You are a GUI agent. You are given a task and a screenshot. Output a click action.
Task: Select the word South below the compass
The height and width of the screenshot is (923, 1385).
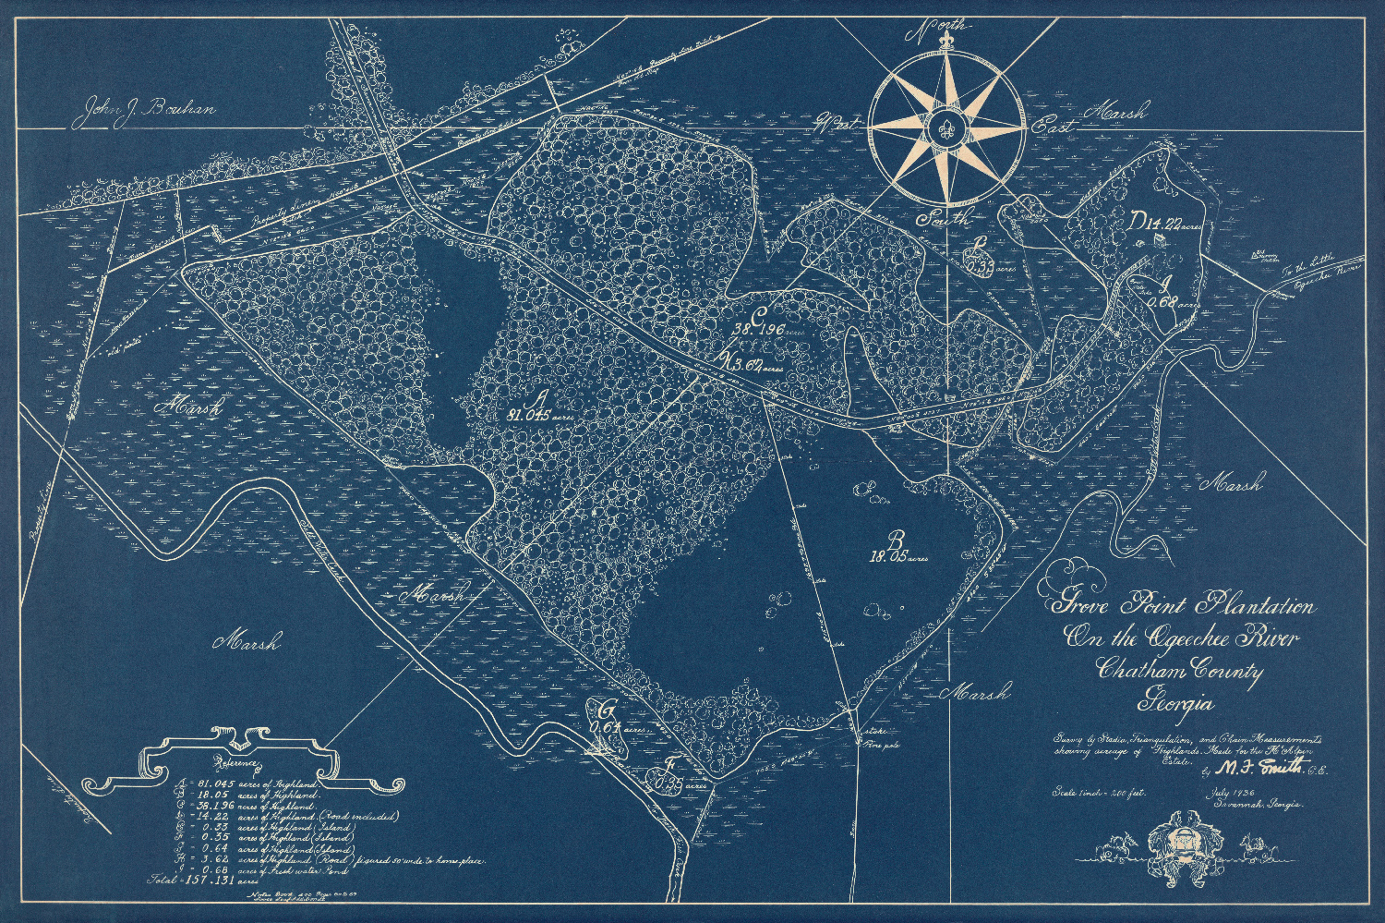click(943, 219)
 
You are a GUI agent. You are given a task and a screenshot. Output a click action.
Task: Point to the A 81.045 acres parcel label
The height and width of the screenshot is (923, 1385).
click(539, 408)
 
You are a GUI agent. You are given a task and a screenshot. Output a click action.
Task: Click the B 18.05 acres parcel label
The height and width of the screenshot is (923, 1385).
click(897, 549)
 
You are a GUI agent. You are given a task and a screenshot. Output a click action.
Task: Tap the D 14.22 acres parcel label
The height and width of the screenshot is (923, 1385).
click(1166, 222)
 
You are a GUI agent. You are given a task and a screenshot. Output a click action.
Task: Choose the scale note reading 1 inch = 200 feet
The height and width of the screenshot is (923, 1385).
click(1098, 793)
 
